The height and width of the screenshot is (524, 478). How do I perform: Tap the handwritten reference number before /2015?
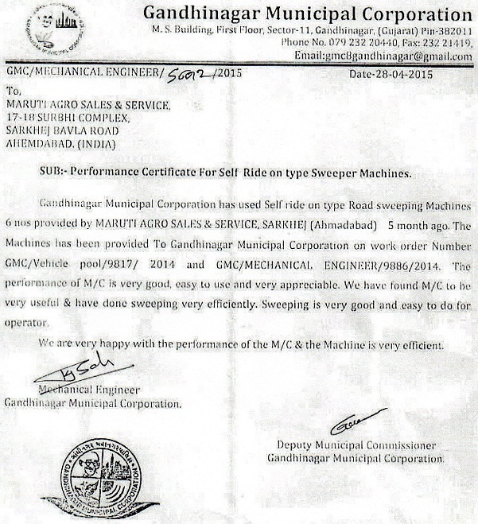tap(191, 73)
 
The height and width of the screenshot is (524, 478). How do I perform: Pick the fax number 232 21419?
tap(448, 43)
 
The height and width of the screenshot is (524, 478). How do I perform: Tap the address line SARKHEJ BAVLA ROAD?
tap(63, 130)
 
